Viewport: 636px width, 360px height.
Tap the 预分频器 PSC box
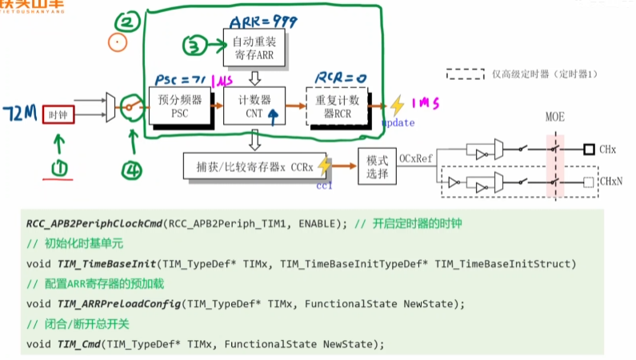180,106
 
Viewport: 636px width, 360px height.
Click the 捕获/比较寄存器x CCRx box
254,166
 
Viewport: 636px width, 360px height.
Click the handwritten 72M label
18,112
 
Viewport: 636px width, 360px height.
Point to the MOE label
554,118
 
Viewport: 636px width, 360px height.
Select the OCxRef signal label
415,159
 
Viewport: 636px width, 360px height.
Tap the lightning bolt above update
397,106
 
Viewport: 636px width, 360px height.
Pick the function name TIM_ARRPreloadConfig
117,304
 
